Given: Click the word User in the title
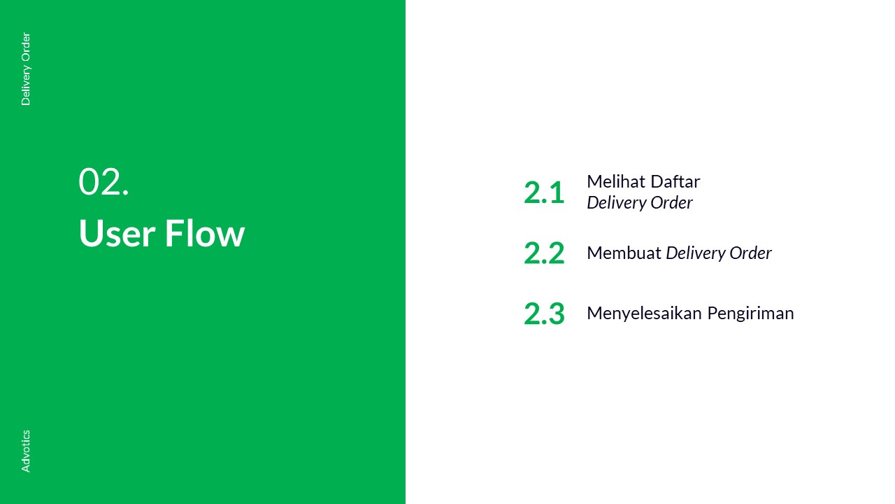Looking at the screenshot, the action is point(117,233).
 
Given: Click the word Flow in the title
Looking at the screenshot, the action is point(205,232).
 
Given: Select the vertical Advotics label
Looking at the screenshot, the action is point(26,451).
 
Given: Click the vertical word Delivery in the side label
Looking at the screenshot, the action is point(26,85).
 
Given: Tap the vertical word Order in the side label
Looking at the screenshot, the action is point(26,47).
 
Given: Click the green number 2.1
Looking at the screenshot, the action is point(544,192).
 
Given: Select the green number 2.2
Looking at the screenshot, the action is point(544,253).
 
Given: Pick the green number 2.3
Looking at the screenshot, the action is point(544,313).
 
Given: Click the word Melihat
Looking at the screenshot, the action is point(615,181).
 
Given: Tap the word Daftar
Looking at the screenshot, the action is point(675,181).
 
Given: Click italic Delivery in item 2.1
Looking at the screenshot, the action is point(616,203).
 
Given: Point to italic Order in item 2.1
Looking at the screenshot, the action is point(671,202).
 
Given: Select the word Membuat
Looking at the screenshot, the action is point(624,253).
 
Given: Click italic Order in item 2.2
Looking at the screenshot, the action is point(750,253).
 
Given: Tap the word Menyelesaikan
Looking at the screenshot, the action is point(644,313).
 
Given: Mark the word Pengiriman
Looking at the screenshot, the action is point(750,314).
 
